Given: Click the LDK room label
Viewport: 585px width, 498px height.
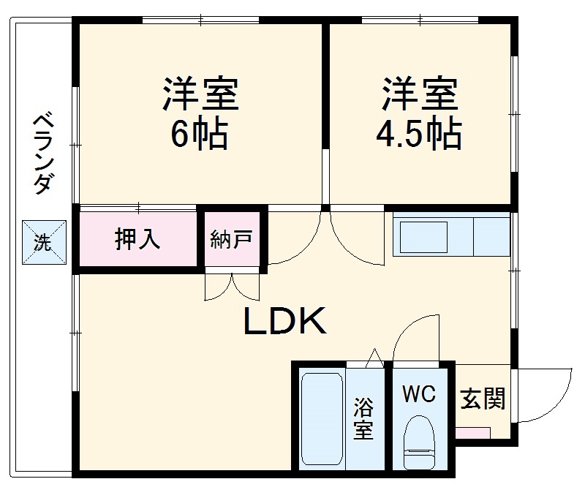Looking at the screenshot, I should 284,322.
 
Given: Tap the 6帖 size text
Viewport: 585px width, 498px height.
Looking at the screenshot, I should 200,134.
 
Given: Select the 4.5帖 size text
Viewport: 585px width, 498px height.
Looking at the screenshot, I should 418,134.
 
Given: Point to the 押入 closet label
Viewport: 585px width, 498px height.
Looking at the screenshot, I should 137,239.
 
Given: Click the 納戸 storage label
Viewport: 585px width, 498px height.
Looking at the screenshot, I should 231,239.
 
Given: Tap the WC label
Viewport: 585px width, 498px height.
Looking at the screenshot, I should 418,394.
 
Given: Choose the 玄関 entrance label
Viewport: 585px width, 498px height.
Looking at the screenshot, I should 483,399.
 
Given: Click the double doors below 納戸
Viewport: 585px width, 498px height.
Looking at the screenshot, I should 232,287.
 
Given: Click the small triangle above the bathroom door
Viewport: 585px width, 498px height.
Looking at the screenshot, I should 374,357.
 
